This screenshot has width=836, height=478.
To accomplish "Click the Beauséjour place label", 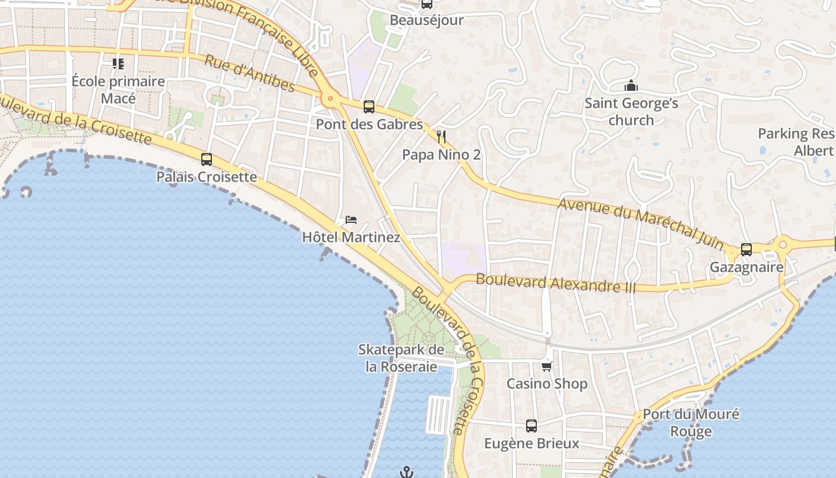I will coord(426,20).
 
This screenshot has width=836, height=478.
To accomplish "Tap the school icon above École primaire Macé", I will coord(118,63).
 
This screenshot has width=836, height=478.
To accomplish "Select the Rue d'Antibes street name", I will coord(250,74).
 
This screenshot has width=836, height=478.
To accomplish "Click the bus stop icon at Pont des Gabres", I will coord(369,107).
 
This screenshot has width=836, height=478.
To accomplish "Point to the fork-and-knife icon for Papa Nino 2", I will coord(441,137).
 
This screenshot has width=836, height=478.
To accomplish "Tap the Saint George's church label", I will coord(631,111).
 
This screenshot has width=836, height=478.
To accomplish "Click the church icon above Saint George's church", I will coord(631,86).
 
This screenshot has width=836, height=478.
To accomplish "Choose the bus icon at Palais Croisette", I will coord(207,160).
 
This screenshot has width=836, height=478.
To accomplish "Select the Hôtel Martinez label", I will coord(351,237).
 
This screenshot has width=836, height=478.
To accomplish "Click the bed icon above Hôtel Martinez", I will coord(351,220).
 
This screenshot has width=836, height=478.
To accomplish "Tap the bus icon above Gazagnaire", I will coord(746,250).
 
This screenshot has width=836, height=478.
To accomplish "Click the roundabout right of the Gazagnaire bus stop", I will coord(782,244).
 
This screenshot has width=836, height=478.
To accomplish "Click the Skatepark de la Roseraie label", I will coord(401,358).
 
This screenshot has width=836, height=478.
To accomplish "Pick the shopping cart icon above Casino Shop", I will coord(547,366).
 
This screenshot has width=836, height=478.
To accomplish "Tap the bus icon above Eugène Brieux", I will coord(531,426).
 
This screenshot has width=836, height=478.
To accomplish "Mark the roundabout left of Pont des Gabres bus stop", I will coord(329,99).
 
